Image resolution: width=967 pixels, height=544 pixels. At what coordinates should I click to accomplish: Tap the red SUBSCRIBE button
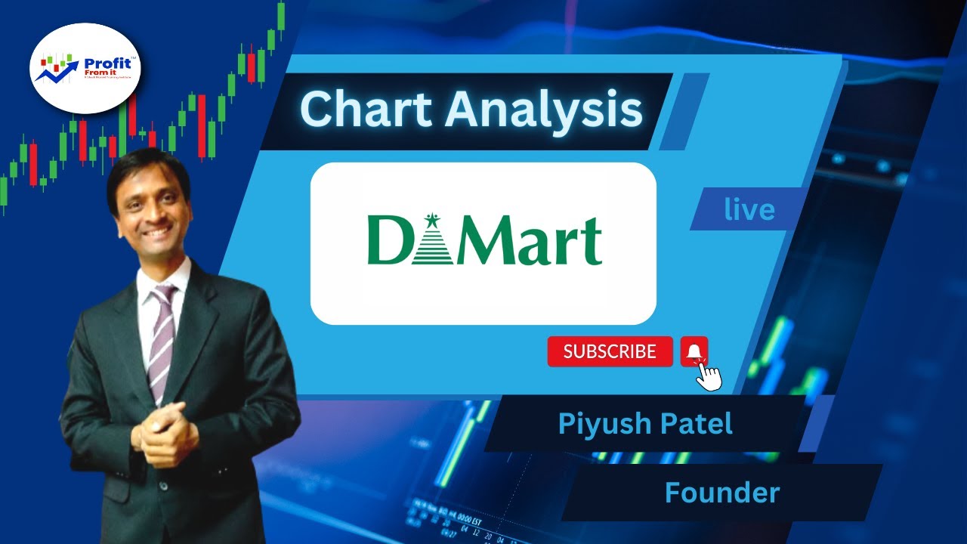(610, 351)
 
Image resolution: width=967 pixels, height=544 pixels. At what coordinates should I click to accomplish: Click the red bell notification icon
(694, 351)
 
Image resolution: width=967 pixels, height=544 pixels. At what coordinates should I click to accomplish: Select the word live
(749, 209)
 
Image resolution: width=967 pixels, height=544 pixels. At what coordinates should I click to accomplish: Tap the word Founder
(721, 493)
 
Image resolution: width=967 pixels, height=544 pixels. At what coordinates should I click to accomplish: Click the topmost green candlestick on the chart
(281, 15)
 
